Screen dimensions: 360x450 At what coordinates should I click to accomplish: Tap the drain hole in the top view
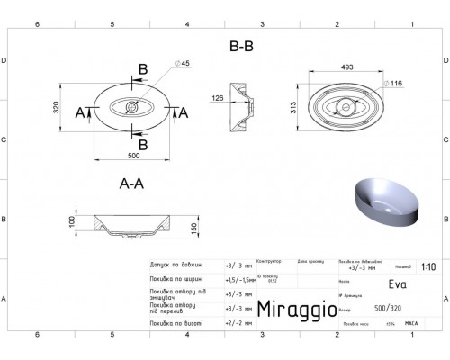(132, 112)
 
